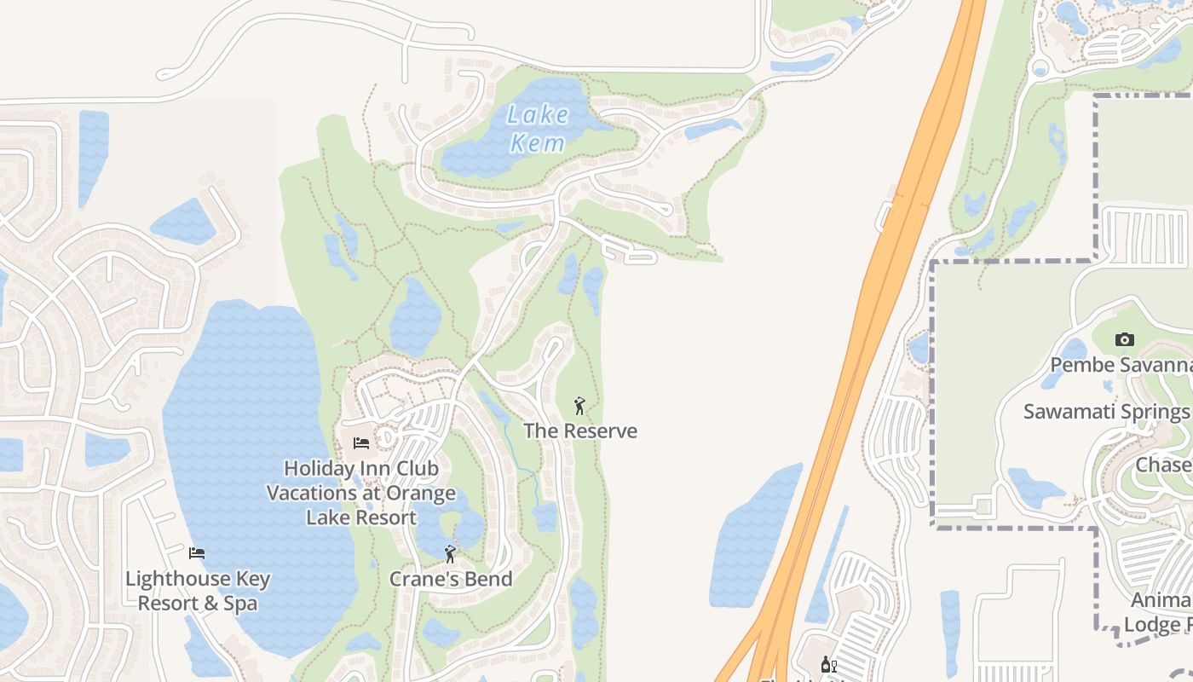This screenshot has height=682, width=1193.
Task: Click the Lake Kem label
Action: pyautogui.click(x=537, y=128)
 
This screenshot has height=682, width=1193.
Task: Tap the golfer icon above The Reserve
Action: pyautogui.click(x=579, y=406)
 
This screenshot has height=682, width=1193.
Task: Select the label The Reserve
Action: pyautogui.click(x=580, y=431)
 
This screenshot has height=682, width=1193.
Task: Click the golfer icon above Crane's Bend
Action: pyautogui.click(x=450, y=555)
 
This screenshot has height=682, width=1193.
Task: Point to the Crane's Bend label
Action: pyautogui.click(x=451, y=580)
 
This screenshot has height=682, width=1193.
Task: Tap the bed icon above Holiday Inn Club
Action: pyautogui.click(x=361, y=443)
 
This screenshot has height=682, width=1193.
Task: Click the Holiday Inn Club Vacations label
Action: pyautogui.click(x=361, y=493)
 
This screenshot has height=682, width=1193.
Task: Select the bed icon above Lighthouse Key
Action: pyautogui.click(x=197, y=553)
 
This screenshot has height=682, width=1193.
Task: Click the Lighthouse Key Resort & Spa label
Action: pyautogui.click(x=198, y=592)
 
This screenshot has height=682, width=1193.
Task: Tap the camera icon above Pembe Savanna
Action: pyautogui.click(x=1124, y=340)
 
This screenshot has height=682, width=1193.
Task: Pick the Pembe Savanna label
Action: pyautogui.click(x=1121, y=366)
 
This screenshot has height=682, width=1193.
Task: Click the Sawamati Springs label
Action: pyautogui.click(x=1106, y=412)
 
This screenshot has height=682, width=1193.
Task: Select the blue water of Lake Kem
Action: pyautogui.click(x=477, y=153)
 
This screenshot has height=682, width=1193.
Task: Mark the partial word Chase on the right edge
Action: pyautogui.click(x=1164, y=465)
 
